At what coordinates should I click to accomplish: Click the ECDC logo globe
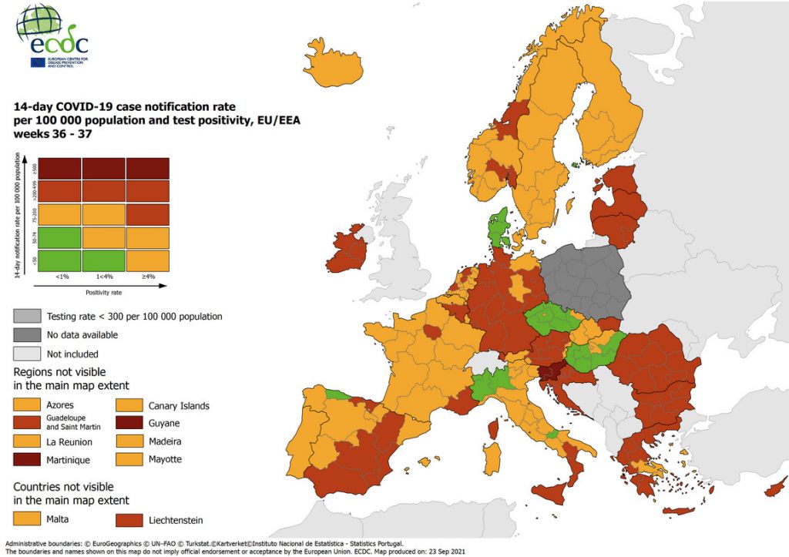[38, 23]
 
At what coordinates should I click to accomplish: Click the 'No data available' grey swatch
[28, 335]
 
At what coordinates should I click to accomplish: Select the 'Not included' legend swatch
[28, 354]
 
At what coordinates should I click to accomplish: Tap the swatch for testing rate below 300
[28, 316]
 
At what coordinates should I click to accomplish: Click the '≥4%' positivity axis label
[147, 276]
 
